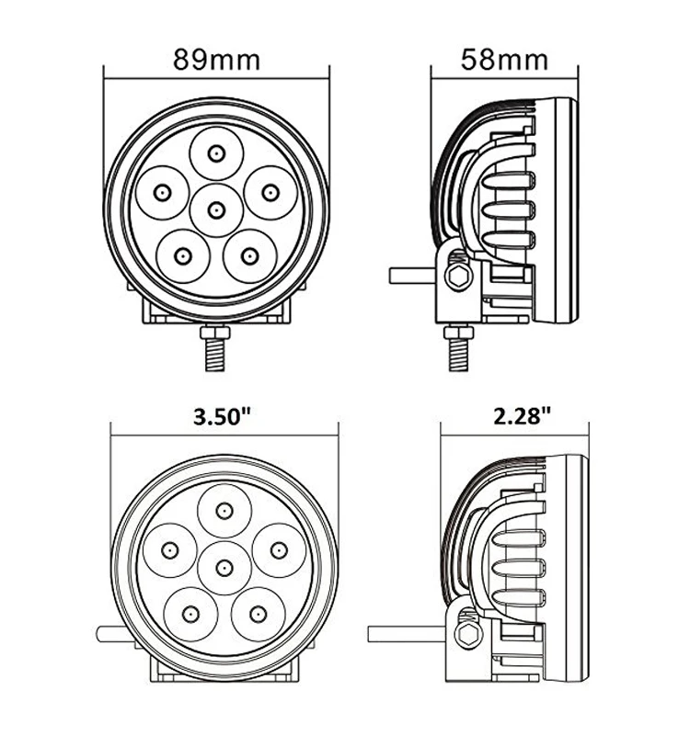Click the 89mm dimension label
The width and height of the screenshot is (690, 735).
(216, 60)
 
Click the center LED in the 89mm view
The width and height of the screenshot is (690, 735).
(216, 210)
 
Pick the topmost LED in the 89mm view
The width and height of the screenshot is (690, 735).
(216, 153)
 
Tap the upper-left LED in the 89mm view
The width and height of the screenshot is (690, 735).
(162, 192)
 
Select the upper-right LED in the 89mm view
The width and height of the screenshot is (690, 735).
(270, 192)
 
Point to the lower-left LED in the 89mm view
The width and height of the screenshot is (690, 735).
(182, 254)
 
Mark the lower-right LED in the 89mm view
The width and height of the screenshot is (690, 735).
(247, 254)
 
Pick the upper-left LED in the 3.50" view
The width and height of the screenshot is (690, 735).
(169, 549)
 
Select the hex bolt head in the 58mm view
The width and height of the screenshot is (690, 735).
(456, 274)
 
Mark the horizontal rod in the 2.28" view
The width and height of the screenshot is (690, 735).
(405, 634)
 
